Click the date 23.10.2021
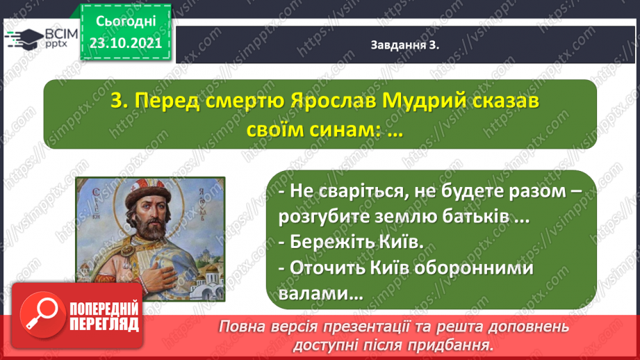(x=126, y=43)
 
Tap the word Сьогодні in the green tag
(x=126, y=22)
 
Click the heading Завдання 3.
(x=405, y=45)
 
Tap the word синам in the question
(x=343, y=130)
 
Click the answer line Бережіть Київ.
(x=351, y=242)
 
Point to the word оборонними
(x=473, y=268)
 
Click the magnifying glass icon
(x=42, y=315)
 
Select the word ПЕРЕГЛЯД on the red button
(x=104, y=325)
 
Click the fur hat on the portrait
(x=147, y=193)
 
